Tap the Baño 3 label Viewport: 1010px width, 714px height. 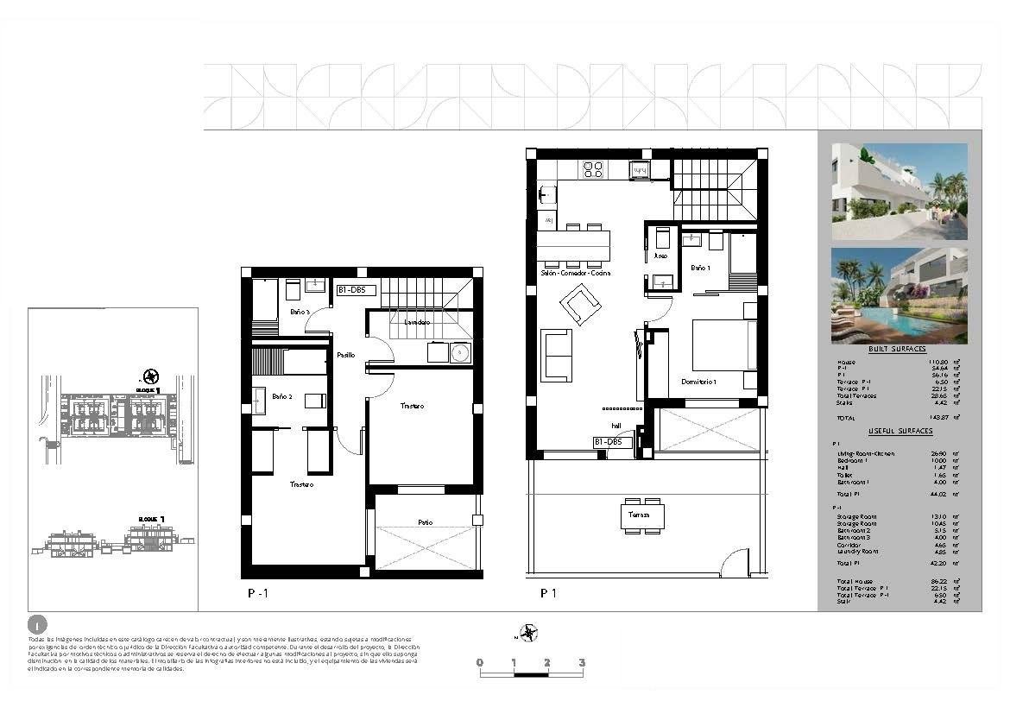300,312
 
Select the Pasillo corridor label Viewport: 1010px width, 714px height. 345,355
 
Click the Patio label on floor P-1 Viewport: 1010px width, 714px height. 424,522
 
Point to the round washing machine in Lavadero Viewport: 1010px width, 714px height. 459,352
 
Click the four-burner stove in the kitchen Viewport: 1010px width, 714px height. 593,169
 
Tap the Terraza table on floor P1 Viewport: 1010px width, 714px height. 641,516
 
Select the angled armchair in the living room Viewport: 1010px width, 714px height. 580,305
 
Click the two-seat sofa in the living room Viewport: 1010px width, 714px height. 556,355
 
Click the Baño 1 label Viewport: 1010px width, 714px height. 700,269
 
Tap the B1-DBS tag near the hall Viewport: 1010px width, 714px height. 608,442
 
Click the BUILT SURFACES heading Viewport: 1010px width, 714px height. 897,349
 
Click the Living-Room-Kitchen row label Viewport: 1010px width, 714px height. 865,453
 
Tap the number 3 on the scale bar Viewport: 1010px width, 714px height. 582,663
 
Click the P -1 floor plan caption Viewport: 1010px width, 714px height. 258,593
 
